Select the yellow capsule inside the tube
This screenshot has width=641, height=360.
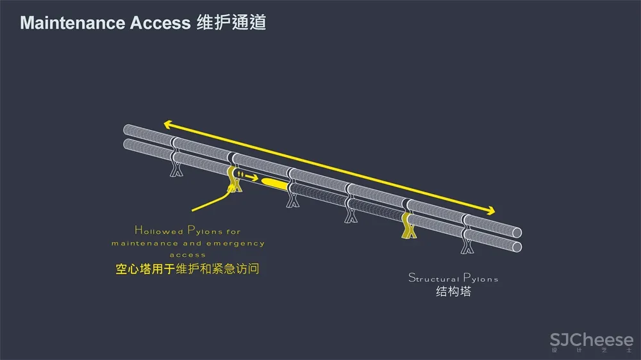(275, 183)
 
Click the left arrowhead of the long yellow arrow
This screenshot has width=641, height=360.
(167, 124)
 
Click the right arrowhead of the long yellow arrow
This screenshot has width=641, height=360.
(490, 211)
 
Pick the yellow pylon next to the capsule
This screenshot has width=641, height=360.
(234, 180)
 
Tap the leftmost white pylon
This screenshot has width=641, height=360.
(176, 168)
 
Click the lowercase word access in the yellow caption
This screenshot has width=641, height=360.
(188, 255)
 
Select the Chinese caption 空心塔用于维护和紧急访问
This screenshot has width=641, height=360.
(187, 270)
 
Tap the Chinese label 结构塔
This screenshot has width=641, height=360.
(453, 292)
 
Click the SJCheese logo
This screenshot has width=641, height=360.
(591, 340)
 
